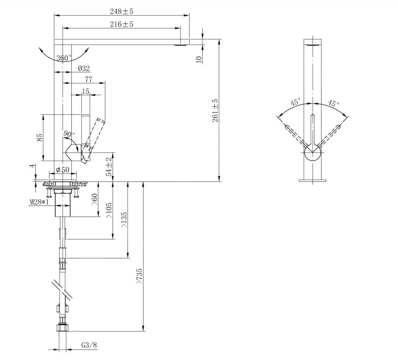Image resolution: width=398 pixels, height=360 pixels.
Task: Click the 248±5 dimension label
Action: (x=122, y=11)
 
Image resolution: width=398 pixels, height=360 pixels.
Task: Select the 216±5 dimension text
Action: (x=122, y=24)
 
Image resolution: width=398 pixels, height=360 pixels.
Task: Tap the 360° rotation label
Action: (x=64, y=58)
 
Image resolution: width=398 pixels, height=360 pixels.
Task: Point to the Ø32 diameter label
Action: (x=84, y=68)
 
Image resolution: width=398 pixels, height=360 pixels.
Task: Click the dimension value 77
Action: (x=88, y=79)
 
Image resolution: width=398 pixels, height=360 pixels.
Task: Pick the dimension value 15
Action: (x=85, y=91)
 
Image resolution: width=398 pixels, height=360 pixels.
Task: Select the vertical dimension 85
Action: (x=40, y=137)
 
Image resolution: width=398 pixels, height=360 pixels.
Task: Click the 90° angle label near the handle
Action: (x=68, y=134)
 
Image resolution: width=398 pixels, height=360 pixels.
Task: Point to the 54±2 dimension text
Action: (x=109, y=167)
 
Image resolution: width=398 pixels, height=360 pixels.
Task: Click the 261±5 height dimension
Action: (x=215, y=110)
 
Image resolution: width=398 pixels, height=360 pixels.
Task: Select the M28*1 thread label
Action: (x=39, y=202)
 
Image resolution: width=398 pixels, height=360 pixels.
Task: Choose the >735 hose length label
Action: (x=139, y=276)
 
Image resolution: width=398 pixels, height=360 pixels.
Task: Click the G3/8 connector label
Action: (x=89, y=345)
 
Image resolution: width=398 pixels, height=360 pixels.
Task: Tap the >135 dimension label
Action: (x=124, y=220)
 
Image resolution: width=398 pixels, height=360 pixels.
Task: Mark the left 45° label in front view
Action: (x=295, y=102)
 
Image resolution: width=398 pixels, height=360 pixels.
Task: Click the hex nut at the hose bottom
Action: (x=63, y=327)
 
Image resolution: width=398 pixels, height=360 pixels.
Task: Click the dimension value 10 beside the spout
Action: (x=199, y=60)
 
